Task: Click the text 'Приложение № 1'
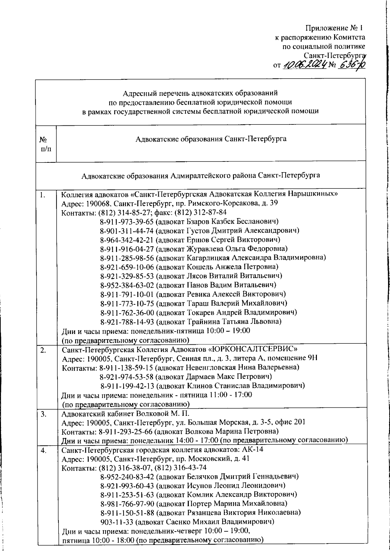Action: pyautogui.click(x=335, y=28)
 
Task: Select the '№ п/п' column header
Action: pyautogui.click(x=46, y=144)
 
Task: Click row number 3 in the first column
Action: pyautogui.click(x=44, y=414)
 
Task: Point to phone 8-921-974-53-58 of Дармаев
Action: pyautogui.click(x=127, y=377)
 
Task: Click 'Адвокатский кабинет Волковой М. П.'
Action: pyautogui.click(x=125, y=414)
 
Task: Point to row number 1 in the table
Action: pyautogui.click(x=43, y=195)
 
